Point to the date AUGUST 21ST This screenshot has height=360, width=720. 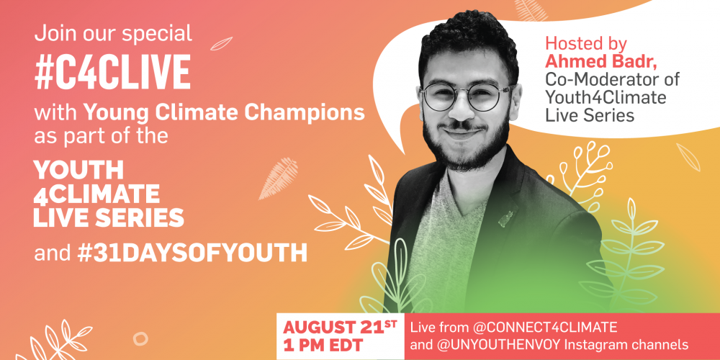coord(341,327)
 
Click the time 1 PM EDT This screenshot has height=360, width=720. coord(323,344)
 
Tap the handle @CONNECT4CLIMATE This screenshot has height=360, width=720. coord(544,328)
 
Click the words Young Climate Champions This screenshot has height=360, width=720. coord(224,113)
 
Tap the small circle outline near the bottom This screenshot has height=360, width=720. coord(140,339)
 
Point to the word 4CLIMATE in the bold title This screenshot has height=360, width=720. coord(96,194)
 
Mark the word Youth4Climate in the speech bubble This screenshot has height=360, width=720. coord(606,98)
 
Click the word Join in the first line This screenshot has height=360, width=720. coord(53,34)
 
